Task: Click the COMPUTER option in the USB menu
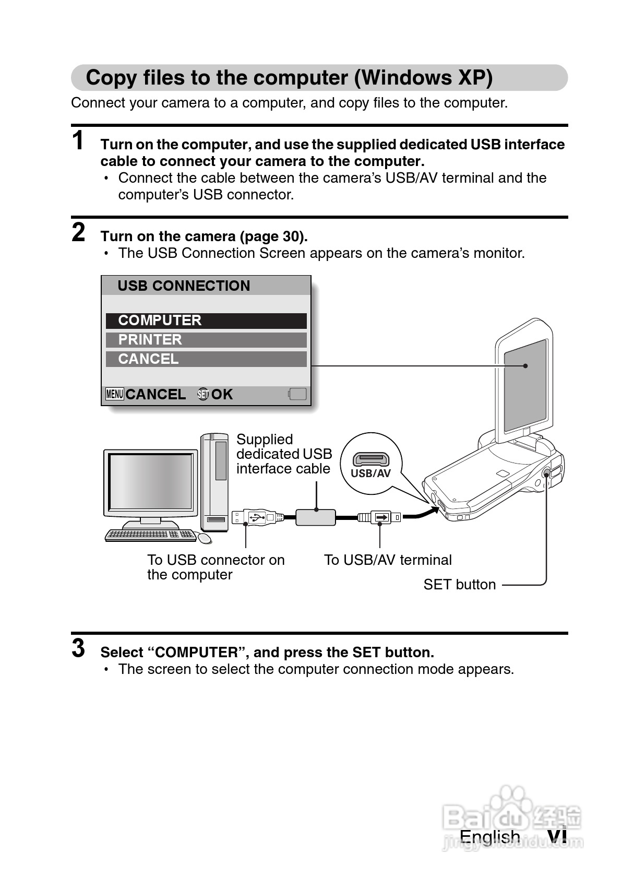[x=206, y=321]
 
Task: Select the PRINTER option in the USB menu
[x=206, y=340]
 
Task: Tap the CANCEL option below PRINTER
[x=206, y=359]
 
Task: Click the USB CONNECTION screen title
[x=184, y=286]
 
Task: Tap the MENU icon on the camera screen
[x=114, y=394]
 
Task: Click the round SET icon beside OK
[x=203, y=395]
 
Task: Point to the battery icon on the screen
[x=298, y=394]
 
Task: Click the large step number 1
[x=78, y=141]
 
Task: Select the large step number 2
[x=78, y=233]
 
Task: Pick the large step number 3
[x=78, y=649]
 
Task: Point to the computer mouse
[x=205, y=538]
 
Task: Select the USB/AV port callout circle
[x=370, y=463]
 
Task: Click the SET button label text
[x=459, y=585]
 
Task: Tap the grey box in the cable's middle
[x=316, y=517]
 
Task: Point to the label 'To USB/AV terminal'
[x=388, y=560]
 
